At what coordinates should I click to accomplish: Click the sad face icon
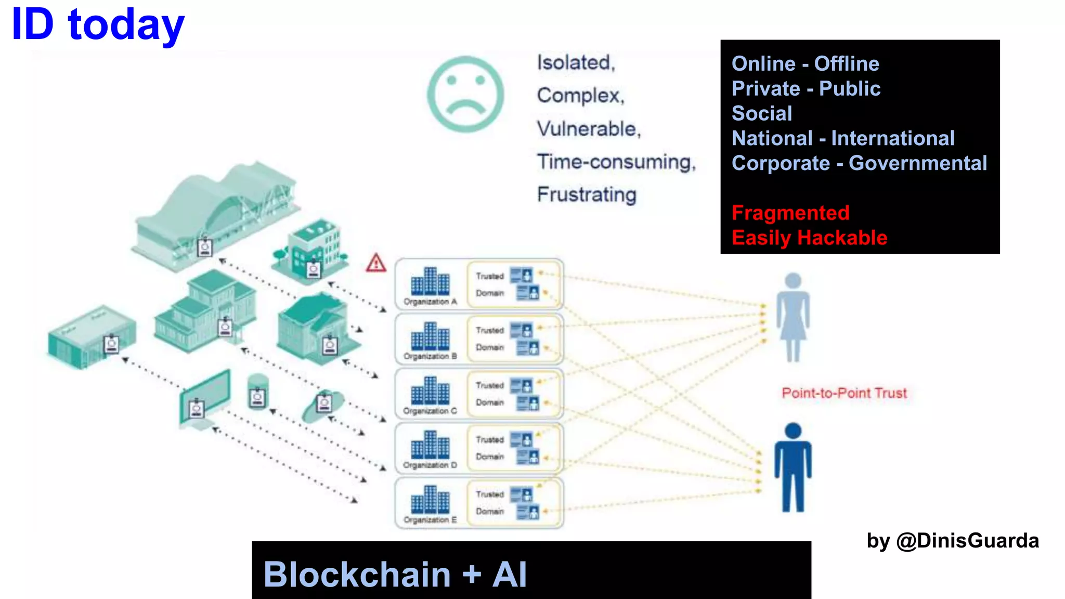pos(465,94)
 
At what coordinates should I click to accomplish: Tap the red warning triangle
pos(375,264)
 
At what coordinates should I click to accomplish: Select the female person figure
pos(793,317)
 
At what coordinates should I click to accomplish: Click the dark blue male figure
pos(793,467)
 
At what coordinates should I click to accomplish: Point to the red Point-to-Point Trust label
pos(844,393)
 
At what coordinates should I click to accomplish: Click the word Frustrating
pos(587,194)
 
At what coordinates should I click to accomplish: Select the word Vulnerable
pos(588,129)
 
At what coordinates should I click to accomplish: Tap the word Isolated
pos(575,63)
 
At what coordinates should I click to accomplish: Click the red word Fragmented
pos(790,213)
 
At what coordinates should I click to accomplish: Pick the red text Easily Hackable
pos(809,238)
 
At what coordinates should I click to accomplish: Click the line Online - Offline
pos(805,64)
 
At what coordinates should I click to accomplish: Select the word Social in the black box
pos(762,113)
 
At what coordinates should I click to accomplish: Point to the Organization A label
pos(430,302)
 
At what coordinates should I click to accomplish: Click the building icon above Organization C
pos(430,391)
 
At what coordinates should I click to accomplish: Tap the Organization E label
pos(430,520)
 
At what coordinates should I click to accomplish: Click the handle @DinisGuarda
pos(967,541)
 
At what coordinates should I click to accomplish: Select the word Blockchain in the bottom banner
pos(357,575)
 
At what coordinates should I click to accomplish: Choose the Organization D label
pos(430,465)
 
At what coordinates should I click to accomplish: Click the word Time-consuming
pos(616,162)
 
